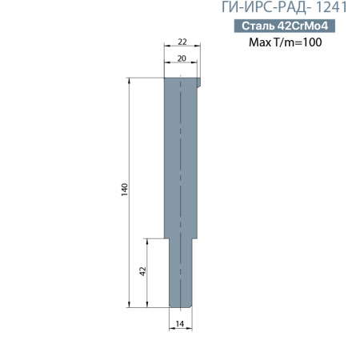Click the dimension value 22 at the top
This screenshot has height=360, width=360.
pyautogui.click(x=182, y=42)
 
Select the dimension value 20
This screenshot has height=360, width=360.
pyautogui.click(x=181, y=58)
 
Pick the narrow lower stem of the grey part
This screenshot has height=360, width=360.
pyautogui.click(x=182, y=272)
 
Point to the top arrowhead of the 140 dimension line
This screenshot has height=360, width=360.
pyautogui.click(x=129, y=80)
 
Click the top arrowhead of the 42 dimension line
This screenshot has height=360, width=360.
pyautogui.click(x=148, y=240)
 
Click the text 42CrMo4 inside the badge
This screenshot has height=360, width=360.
pyautogui.click(x=302, y=26)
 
